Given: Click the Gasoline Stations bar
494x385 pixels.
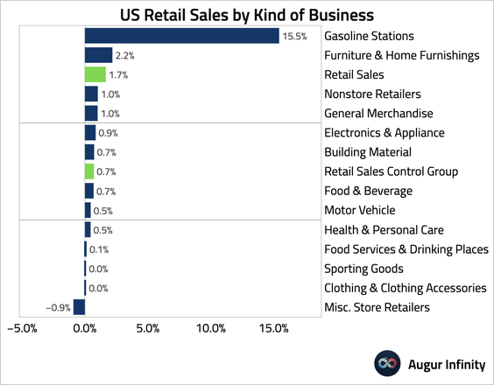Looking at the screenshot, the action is [x=182, y=36].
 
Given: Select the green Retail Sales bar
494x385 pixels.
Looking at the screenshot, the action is [x=95, y=74].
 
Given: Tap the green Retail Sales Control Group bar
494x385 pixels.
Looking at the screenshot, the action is [x=89, y=171].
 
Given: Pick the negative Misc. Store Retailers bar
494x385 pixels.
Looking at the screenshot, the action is [x=79, y=307].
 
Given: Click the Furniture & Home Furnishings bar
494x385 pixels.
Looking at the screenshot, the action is [x=99, y=55].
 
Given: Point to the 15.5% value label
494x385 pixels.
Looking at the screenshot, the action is [x=294, y=36].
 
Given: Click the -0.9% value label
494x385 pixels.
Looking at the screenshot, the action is [x=59, y=307].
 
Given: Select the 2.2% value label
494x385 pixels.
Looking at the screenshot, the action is [x=124, y=56].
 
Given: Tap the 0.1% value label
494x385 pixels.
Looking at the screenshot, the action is [x=99, y=249].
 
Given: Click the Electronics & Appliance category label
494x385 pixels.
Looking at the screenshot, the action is [x=385, y=133].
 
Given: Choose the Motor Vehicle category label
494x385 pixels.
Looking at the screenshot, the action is [x=360, y=210].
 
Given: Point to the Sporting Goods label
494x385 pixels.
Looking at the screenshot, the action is [x=363, y=269].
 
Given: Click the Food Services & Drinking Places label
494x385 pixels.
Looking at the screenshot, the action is [x=406, y=249].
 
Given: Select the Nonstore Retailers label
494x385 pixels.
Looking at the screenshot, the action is [x=373, y=94].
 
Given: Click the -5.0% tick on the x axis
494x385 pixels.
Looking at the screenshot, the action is [x=22, y=328].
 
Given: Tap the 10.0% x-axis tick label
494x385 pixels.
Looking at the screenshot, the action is [x=211, y=328].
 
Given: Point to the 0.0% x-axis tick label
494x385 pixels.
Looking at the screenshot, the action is [x=85, y=328].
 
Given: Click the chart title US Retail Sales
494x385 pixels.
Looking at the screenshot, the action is [x=174, y=15].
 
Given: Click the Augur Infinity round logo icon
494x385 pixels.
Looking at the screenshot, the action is [x=387, y=363].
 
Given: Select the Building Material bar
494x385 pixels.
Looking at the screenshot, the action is [x=89, y=152].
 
